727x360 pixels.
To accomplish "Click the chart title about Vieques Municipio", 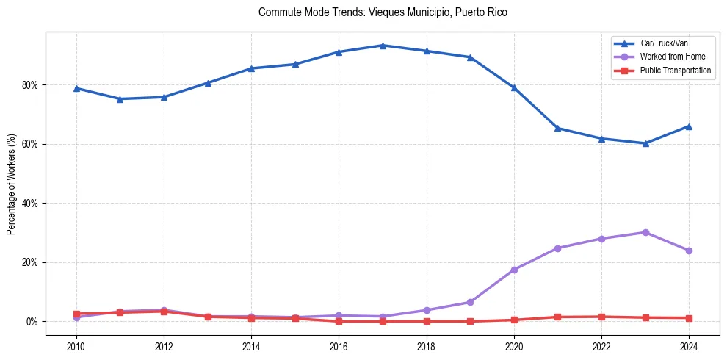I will click(383, 12).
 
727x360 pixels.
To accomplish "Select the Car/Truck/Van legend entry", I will click(663, 43).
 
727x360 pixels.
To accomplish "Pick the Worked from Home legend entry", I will click(672, 57).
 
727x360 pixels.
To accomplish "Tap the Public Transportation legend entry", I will click(675, 71).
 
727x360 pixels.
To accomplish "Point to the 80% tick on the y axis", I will click(31, 85).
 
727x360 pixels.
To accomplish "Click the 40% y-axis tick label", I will click(31, 204).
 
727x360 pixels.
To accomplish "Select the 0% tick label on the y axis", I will click(33, 322).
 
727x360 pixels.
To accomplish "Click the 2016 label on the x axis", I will click(339, 346).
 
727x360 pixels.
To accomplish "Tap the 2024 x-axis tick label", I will click(689, 346).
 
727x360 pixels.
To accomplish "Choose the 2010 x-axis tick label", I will click(76, 346).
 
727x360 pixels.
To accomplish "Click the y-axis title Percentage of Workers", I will click(12, 184).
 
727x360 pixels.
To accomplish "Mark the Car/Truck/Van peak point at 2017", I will click(383, 46).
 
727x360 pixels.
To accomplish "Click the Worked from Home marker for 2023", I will click(645, 232).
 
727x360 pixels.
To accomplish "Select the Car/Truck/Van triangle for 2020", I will click(514, 87).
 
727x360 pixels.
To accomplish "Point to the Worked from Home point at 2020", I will click(514, 270).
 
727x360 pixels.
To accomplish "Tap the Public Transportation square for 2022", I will click(601, 317).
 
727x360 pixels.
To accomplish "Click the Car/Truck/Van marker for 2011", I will click(120, 99).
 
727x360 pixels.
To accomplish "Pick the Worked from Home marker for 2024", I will click(689, 251).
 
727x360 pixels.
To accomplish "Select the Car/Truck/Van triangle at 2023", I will click(645, 143).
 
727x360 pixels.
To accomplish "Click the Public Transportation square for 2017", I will click(383, 321).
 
